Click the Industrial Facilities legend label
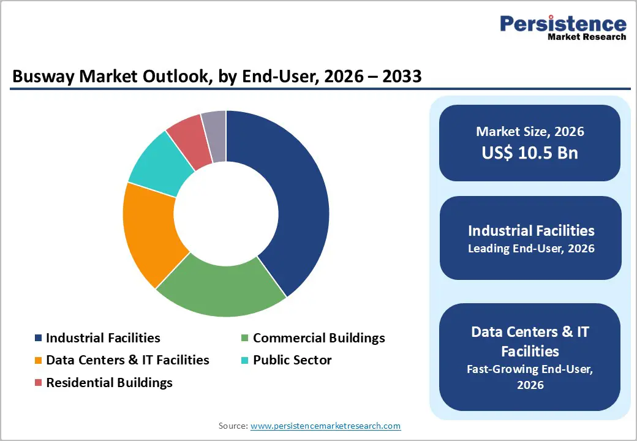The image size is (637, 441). coord(103,338)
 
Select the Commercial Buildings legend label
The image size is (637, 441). coord(318,338)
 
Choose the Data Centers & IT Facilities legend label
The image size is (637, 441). coord(127,360)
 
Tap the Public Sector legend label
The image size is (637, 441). coord(292,360)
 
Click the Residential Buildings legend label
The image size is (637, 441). coord(109,383)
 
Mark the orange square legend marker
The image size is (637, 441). coord(39,361)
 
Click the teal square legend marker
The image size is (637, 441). coord(245,361)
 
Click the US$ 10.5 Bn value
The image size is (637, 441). coord(530,153)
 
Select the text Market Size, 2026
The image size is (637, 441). coord(530,132)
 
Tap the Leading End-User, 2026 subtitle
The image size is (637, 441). coord(531,249)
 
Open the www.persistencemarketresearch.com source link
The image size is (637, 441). coord(325,426)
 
